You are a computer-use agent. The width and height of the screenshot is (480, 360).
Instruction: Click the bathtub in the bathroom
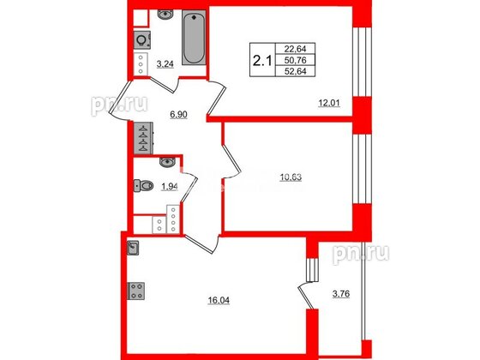pos(192,39)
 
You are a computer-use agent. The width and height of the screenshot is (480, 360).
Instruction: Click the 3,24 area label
pos(166,63)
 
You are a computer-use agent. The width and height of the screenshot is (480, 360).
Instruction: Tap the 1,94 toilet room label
pos(170,187)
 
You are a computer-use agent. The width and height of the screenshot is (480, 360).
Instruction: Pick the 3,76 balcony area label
pos(342,299)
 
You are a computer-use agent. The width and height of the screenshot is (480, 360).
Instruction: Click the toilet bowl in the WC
pos(145,185)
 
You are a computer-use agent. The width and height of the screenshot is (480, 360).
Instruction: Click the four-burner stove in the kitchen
pos(135,291)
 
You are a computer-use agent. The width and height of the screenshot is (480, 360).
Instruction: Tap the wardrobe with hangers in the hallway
pos(141,135)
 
